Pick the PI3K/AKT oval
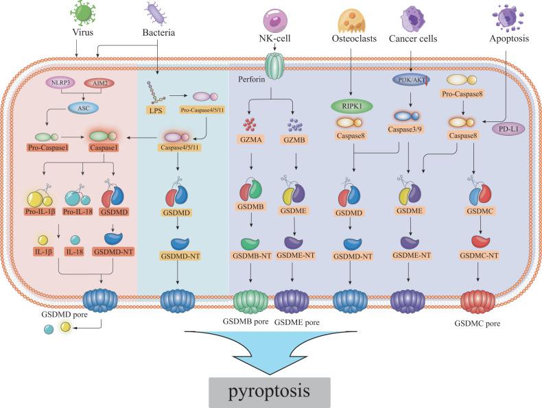[x=410, y=82]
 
